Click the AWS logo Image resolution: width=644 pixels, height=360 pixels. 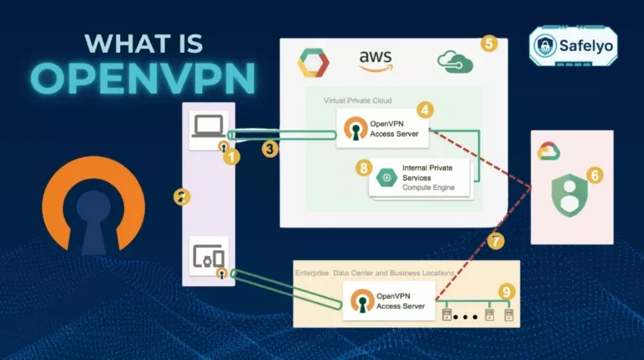click(x=376, y=60)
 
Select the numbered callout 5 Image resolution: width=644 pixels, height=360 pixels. click(x=489, y=43)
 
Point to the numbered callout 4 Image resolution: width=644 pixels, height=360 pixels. click(x=425, y=110)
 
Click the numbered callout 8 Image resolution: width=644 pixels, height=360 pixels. click(x=363, y=168)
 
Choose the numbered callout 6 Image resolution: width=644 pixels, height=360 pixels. click(x=595, y=175)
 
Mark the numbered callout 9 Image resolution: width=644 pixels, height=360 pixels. click(x=505, y=291)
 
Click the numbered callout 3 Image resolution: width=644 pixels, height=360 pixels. click(x=269, y=149)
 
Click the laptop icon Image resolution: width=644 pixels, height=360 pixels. click(x=208, y=128)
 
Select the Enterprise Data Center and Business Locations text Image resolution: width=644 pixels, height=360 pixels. click(x=374, y=274)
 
